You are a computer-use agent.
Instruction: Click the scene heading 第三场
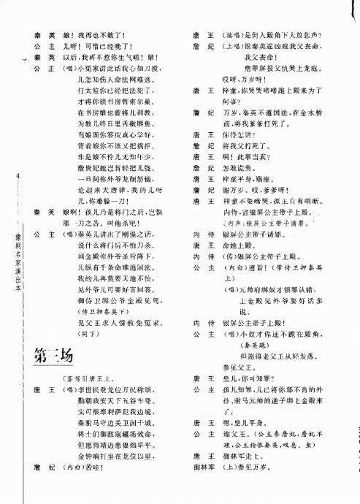click(53, 356)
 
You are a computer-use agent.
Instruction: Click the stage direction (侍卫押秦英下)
click(102, 310)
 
